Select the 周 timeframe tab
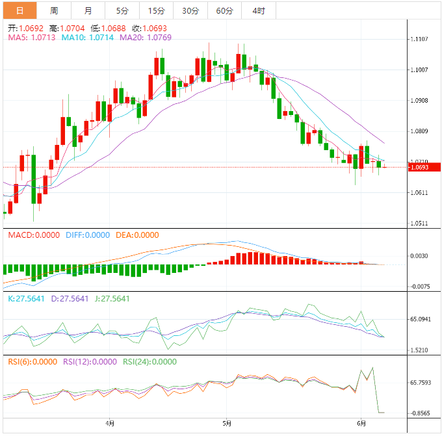(x=54, y=10)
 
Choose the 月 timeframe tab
(x=88, y=10)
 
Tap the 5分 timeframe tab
(x=122, y=10)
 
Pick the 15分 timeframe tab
(x=156, y=10)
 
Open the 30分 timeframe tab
(x=190, y=10)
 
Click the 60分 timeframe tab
(x=224, y=10)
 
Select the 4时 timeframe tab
(x=258, y=10)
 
